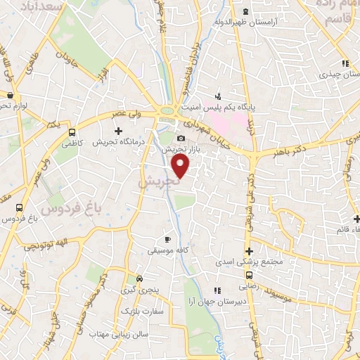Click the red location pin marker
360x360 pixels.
181,166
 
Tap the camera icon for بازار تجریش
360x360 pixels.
181,139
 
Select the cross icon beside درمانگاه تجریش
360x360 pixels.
118,131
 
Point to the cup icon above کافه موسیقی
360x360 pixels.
167,239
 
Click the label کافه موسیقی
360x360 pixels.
162,250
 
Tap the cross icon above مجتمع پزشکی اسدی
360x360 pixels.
248,251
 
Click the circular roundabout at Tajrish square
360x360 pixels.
168,110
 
